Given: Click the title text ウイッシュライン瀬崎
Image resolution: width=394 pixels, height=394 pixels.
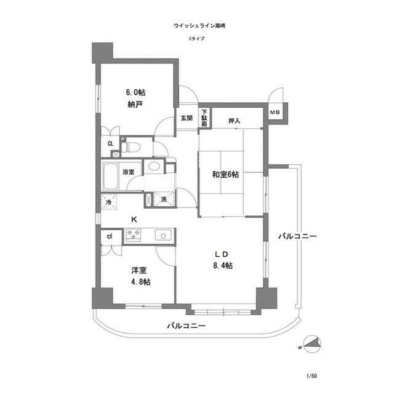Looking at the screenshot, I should click(x=196, y=26).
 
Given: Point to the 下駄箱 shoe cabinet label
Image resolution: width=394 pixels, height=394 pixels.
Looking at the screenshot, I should click(x=204, y=118).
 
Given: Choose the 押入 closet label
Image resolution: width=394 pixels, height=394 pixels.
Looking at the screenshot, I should click(x=234, y=120).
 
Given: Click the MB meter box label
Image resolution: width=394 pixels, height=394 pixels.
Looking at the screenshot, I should click(x=275, y=112).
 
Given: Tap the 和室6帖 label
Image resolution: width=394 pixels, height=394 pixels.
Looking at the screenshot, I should click(x=225, y=174).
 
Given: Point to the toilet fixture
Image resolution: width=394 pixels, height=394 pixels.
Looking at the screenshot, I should click(x=131, y=147).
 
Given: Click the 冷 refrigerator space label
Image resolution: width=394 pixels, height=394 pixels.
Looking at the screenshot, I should click(x=108, y=201).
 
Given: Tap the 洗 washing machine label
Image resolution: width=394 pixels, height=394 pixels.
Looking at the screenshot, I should click(x=164, y=199).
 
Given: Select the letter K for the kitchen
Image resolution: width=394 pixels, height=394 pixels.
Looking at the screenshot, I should click(x=134, y=219).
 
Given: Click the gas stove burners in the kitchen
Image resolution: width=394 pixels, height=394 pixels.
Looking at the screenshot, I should click(x=133, y=234).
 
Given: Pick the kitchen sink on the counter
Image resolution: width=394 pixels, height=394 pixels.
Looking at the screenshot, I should click(x=164, y=234).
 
